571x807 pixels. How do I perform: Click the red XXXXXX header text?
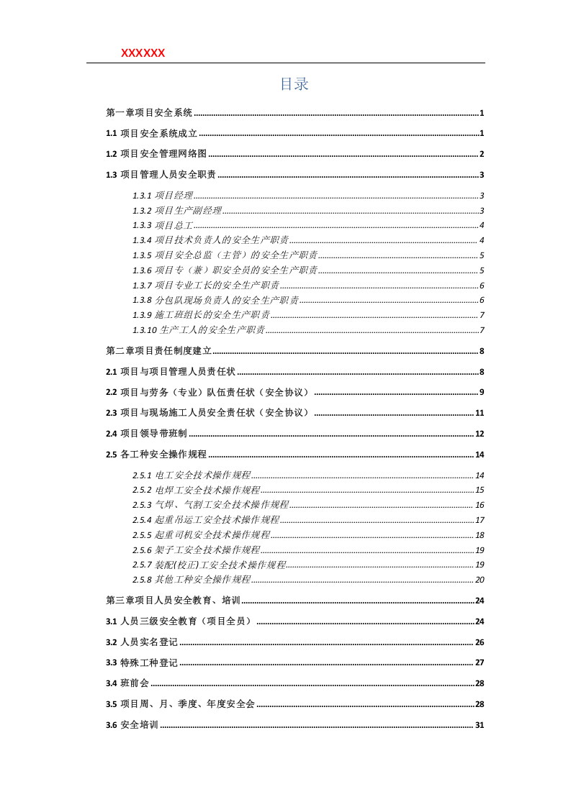(x=143, y=53)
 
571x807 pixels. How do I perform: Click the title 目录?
(x=294, y=84)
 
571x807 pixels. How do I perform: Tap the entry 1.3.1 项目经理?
(x=163, y=196)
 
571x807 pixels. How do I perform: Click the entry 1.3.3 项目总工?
(x=163, y=226)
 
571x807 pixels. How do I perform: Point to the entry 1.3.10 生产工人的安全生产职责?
(x=199, y=330)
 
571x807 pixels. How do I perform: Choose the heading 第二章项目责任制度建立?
(x=158, y=351)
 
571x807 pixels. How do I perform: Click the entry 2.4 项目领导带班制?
(x=146, y=434)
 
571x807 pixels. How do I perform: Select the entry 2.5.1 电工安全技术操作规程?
(x=192, y=475)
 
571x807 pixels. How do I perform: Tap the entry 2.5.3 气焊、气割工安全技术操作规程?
(x=210, y=505)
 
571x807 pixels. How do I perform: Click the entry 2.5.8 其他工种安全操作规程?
(x=192, y=580)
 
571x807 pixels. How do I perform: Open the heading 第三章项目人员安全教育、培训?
(x=173, y=601)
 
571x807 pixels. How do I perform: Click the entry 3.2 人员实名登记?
(x=141, y=642)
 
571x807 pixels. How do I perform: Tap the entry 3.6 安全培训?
(x=132, y=725)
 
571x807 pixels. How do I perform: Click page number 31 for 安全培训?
(x=480, y=725)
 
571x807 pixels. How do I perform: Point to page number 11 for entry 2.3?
(x=480, y=413)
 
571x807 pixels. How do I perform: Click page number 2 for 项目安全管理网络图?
(x=482, y=154)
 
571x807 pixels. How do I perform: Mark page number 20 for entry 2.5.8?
(x=480, y=580)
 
